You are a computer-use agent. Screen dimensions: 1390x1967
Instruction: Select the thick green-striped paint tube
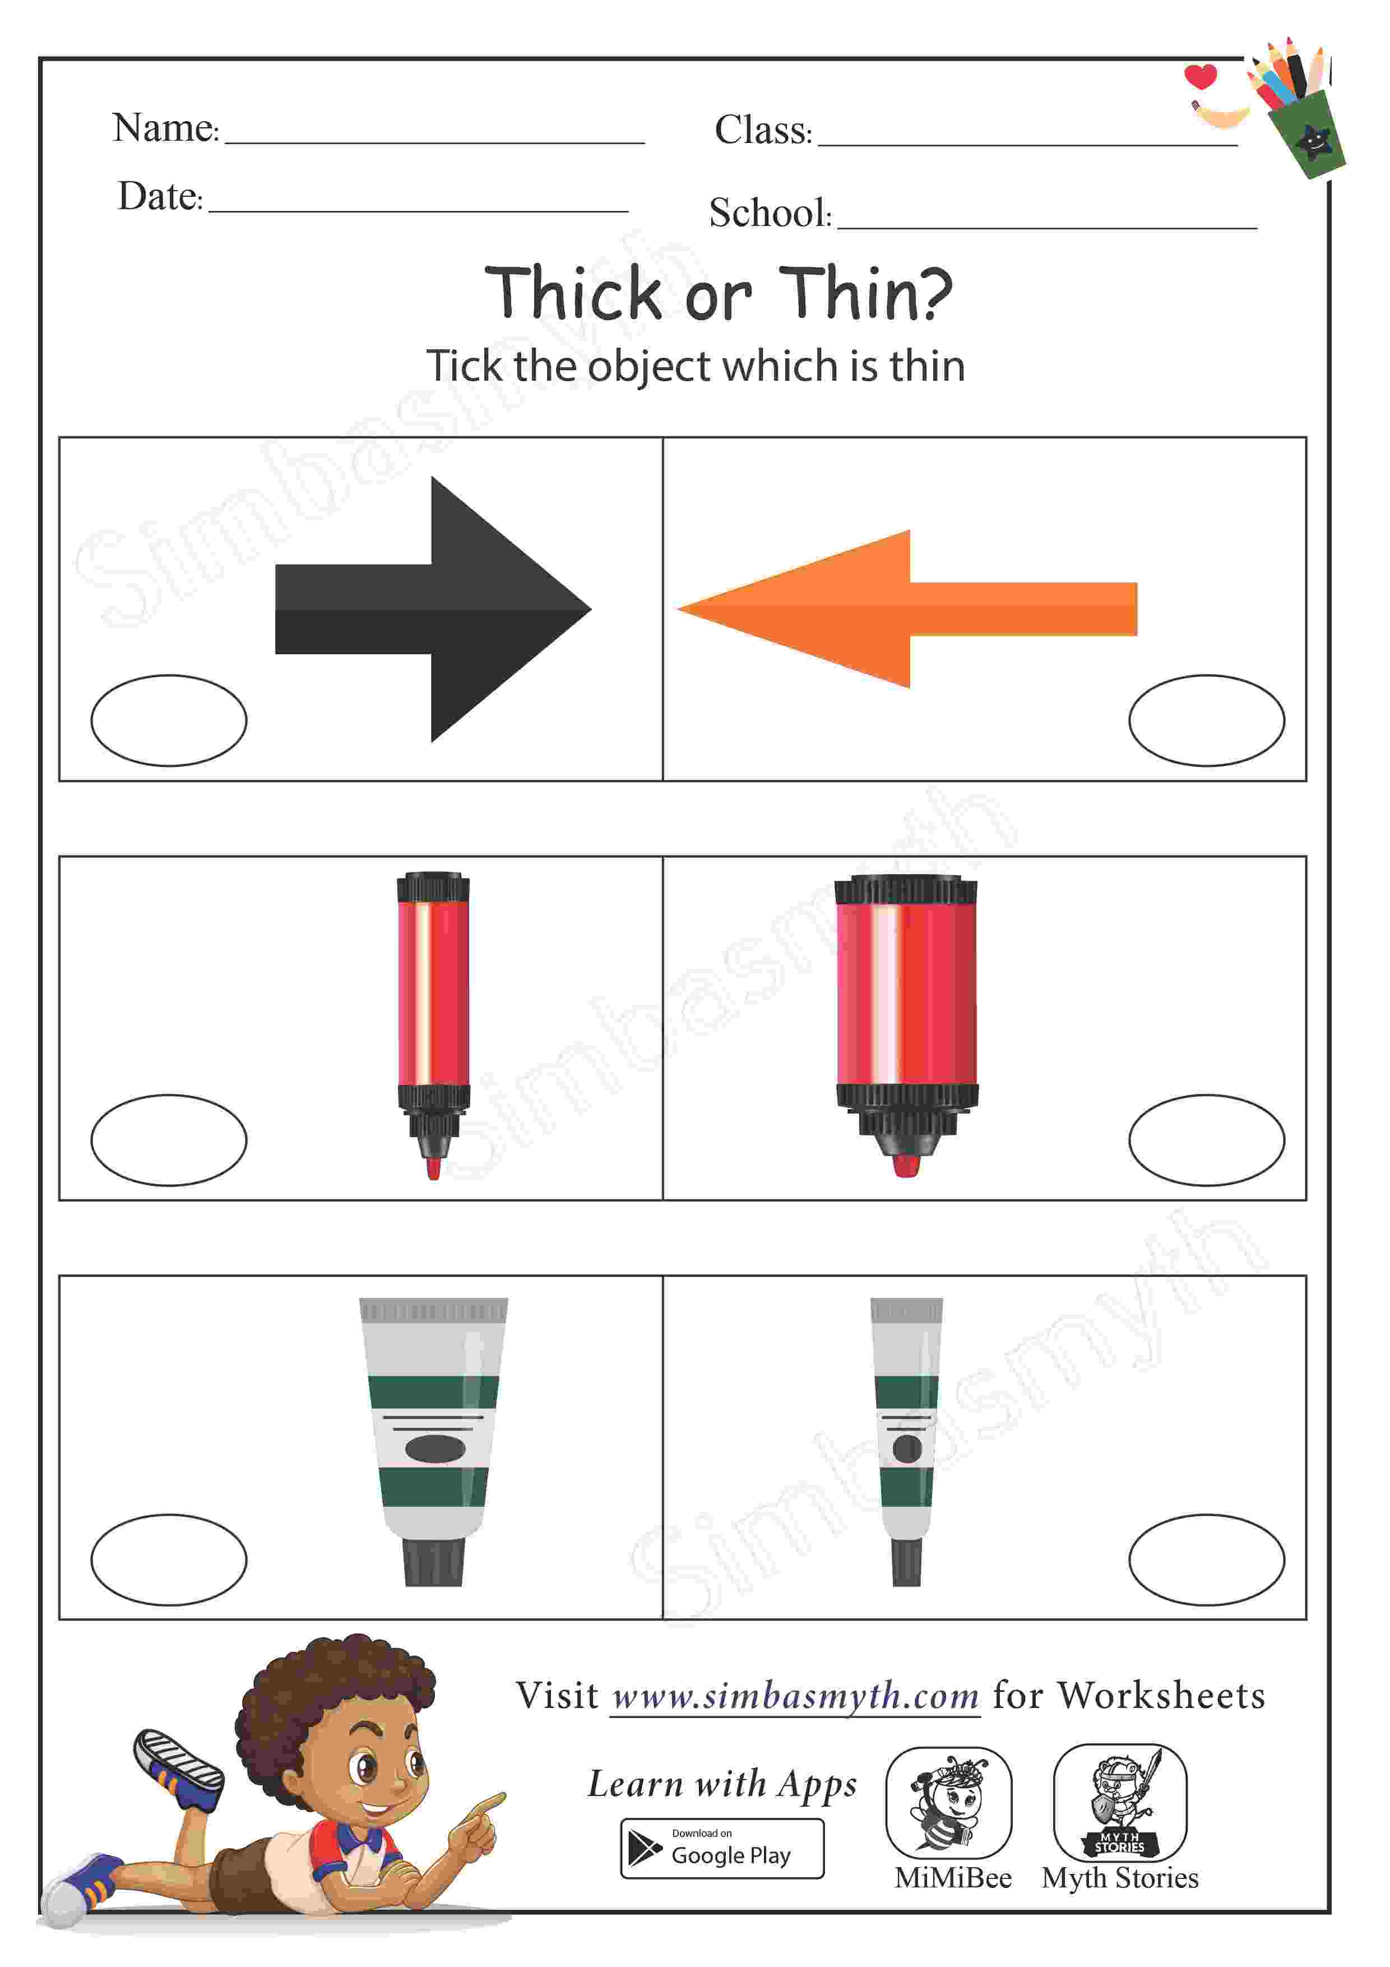(x=433, y=1441)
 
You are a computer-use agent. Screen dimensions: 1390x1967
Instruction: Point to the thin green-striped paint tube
(x=907, y=1441)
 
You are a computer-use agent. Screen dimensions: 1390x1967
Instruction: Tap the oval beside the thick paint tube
(x=169, y=1559)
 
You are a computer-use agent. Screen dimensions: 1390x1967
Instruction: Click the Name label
(x=165, y=128)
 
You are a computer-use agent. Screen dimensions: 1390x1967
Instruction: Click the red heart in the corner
(x=1200, y=76)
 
